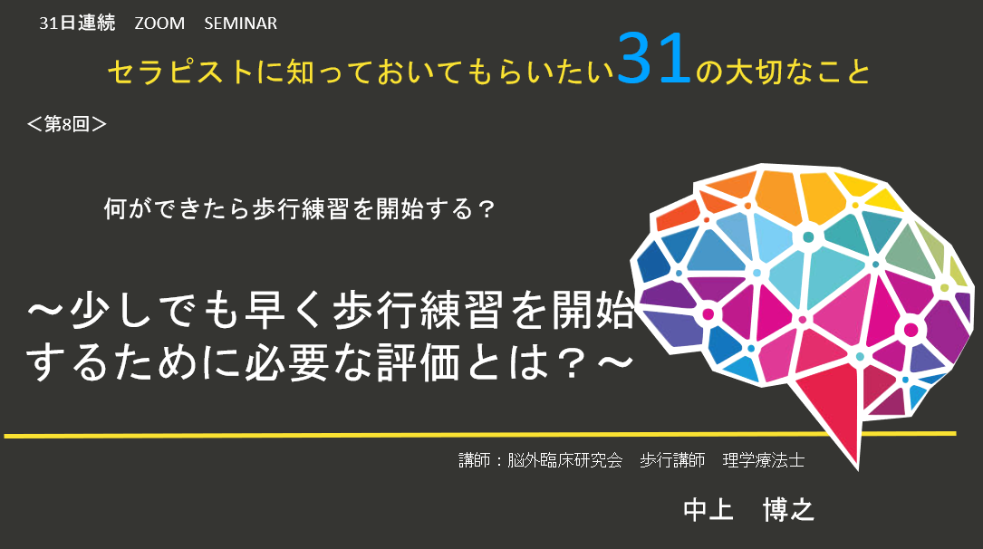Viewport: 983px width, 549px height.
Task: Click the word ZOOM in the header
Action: (159, 24)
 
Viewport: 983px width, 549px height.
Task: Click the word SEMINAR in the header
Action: (240, 24)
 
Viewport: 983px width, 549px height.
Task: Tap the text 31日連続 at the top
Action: (77, 24)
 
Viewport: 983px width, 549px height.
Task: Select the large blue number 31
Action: (654, 59)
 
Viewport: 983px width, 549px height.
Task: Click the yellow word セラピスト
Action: (180, 72)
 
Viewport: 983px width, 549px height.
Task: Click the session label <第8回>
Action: (66, 124)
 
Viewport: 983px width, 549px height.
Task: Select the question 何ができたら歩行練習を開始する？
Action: (300, 208)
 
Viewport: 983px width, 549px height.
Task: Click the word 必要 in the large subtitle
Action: (287, 363)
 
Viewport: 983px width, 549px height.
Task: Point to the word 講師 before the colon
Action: (475, 460)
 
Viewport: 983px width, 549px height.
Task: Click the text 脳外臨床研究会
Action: (564, 460)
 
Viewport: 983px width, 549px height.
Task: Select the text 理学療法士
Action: (764, 460)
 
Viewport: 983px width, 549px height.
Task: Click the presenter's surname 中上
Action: (708, 509)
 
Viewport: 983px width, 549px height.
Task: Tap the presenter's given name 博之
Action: (788, 509)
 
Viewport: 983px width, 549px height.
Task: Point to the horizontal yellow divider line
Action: (480, 434)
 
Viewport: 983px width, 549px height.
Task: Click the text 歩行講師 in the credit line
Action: (672, 460)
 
